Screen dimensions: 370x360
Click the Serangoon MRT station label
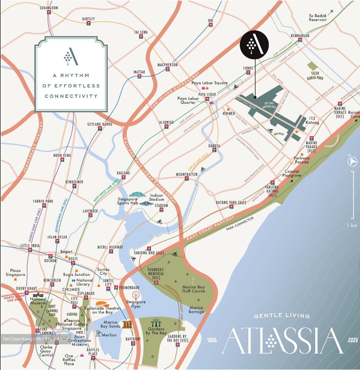pyautogui.click(x=49, y=8)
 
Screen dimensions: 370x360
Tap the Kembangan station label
pyautogui.click(x=300, y=35)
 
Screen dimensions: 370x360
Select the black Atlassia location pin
pyautogui.click(x=254, y=44)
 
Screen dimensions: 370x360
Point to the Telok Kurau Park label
pyautogui.click(x=315, y=76)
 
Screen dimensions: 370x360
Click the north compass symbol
pyautogui.click(x=352, y=162)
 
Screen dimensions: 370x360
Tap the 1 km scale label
pyautogui.click(x=352, y=225)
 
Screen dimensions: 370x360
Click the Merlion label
pyautogui.click(x=109, y=335)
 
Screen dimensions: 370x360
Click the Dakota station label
pyautogui.click(x=214, y=146)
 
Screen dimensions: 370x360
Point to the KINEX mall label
pyautogui.click(x=229, y=113)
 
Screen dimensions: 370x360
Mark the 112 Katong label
pyautogui.click(x=312, y=121)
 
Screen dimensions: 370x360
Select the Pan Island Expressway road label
pyautogui.click(x=175, y=90)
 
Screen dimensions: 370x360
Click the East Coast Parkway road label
pyautogui.click(x=210, y=228)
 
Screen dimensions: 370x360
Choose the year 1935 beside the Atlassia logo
pyautogui.click(x=212, y=340)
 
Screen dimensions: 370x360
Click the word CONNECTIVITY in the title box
pyautogui.click(x=71, y=96)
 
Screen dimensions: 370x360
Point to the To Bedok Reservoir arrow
pyautogui.click(x=330, y=13)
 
